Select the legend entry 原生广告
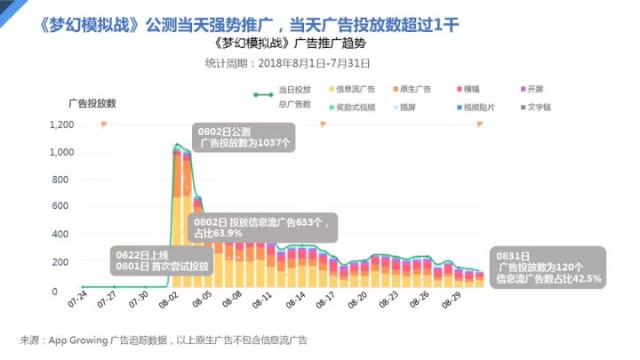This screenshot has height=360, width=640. (x=415, y=90)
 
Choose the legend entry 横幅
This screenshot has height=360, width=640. (x=472, y=90)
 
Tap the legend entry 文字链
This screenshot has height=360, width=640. (x=540, y=107)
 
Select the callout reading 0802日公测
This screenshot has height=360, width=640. (x=244, y=136)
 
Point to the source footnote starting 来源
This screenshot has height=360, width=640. (x=165, y=340)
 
